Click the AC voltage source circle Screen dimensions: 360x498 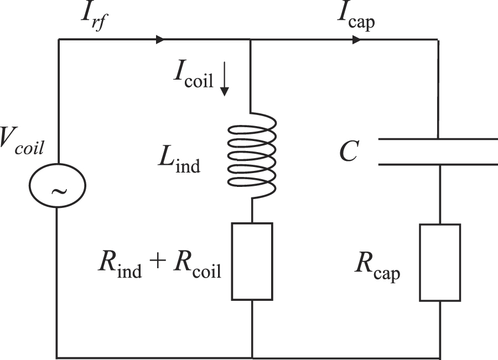click(58, 190)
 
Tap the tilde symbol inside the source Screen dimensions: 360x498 click(58, 191)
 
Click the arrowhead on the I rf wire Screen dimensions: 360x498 click(160, 40)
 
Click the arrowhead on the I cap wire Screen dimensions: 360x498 click(357, 40)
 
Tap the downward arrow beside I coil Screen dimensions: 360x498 click(224, 83)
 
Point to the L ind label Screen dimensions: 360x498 click(179, 160)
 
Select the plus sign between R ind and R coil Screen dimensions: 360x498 click(157, 264)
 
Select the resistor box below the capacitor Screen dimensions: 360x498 click(439, 262)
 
